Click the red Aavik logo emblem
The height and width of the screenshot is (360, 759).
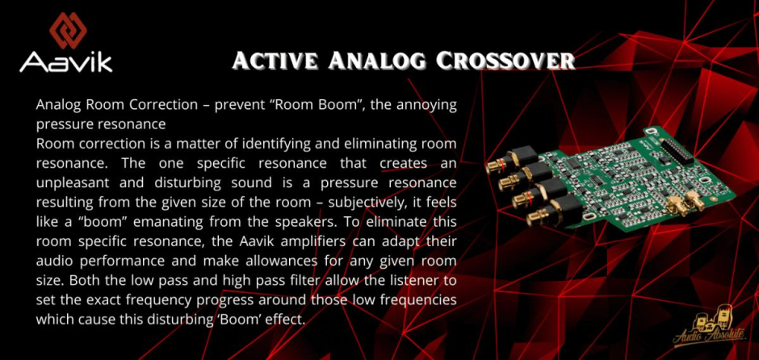click(x=69, y=31)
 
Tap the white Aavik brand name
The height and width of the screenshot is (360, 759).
click(x=66, y=62)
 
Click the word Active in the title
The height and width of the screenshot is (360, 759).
click(x=275, y=61)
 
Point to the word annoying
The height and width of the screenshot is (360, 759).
click(x=426, y=106)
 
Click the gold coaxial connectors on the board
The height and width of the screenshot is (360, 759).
click(x=687, y=203)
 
